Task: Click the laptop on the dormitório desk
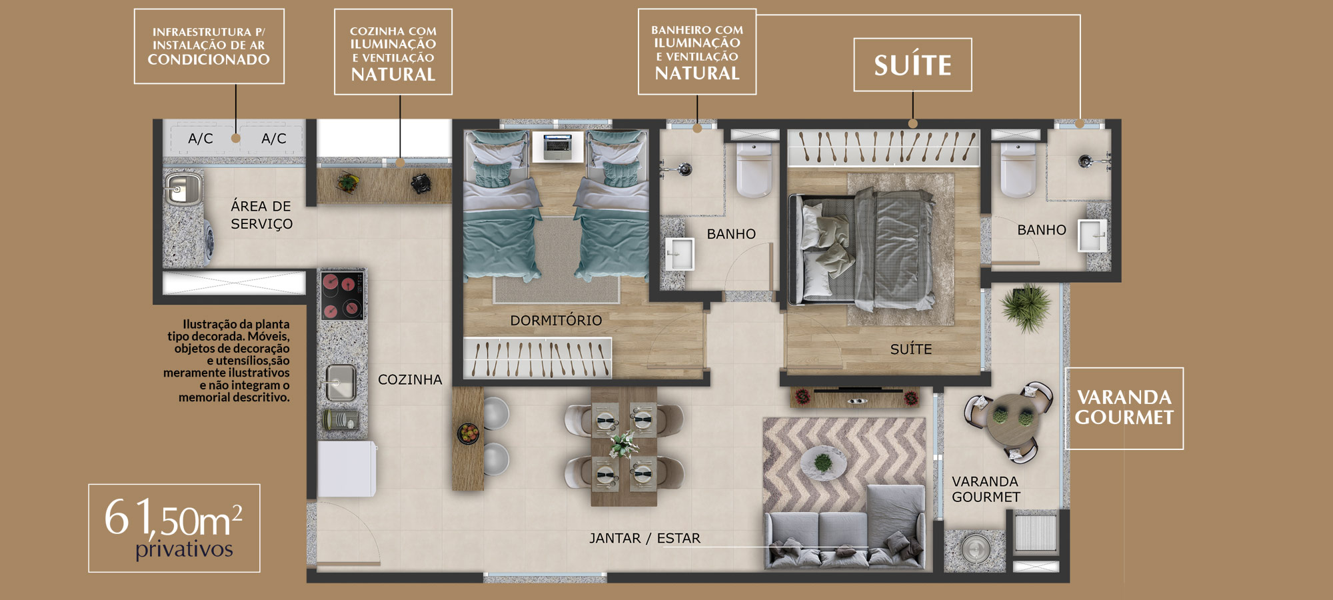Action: tap(557, 146)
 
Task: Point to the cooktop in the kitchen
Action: tap(342, 295)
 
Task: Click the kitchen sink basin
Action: tap(341, 382)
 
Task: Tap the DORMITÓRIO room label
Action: tap(556, 321)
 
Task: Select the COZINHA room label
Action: tap(410, 380)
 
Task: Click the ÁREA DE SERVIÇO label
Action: tap(261, 215)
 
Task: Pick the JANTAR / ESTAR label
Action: tap(645, 538)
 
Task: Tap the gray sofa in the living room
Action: tap(845, 527)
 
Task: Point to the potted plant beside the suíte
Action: tap(1026, 307)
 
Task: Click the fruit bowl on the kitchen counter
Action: tap(469, 433)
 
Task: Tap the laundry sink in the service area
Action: tap(183, 189)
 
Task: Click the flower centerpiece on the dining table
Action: tap(623, 444)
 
